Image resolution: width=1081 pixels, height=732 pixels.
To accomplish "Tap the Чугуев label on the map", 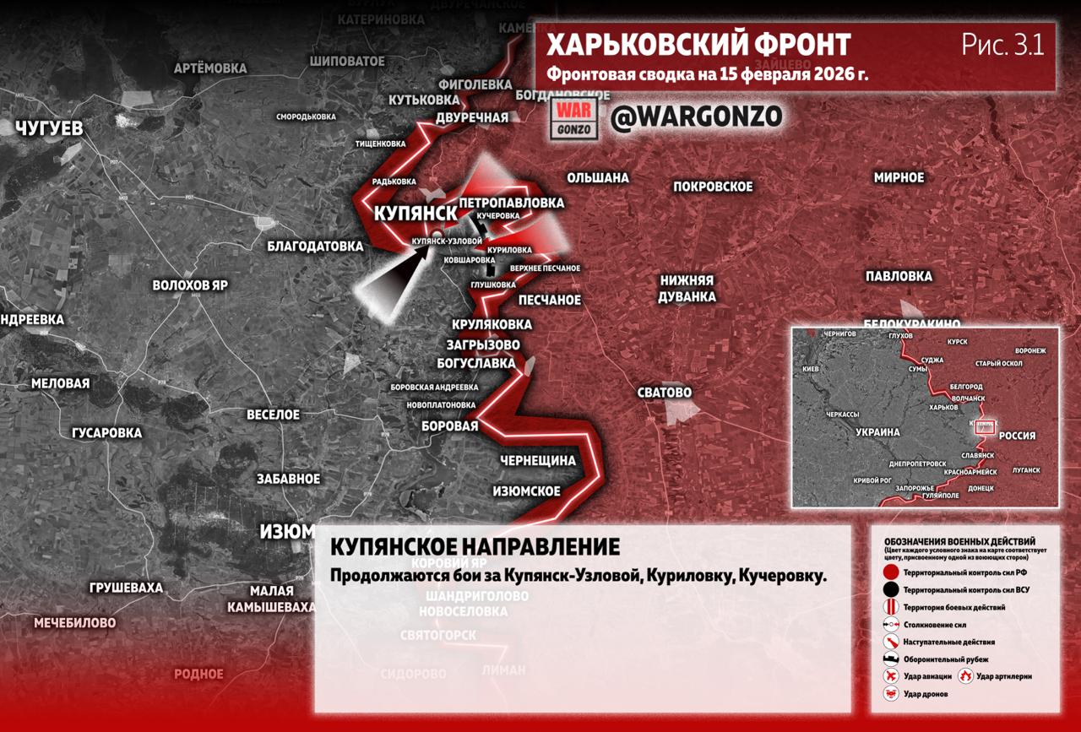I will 49,128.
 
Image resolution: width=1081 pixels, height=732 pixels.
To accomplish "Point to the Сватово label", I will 665,393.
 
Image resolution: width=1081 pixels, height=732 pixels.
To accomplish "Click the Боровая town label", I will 450,426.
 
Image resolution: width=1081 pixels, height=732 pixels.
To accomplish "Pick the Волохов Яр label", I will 190,285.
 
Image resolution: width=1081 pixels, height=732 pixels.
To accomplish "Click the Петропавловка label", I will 511,203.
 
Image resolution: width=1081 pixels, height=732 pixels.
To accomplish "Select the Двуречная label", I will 472,117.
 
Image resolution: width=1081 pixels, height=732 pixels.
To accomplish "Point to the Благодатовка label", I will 315,247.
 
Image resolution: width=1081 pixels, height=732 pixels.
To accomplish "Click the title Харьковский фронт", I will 698,45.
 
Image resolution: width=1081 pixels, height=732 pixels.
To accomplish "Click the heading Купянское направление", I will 475,547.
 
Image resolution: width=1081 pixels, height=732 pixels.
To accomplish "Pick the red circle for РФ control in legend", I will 890,572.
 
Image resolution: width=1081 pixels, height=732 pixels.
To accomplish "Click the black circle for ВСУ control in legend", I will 890,590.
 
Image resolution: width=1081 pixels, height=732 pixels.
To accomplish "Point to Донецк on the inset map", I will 981,488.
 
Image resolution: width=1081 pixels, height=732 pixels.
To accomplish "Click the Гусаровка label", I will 106,432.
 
